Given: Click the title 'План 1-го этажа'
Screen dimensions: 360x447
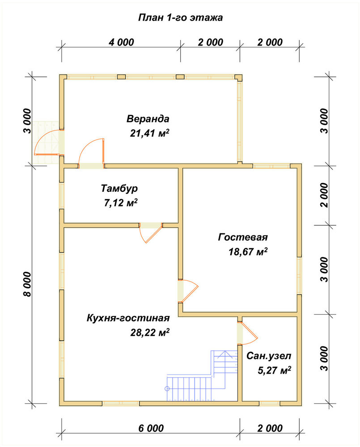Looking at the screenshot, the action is (x=180, y=18).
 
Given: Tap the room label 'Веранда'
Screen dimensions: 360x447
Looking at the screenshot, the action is (x=148, y=118).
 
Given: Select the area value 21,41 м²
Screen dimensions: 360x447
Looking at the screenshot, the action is (x=150, y=133).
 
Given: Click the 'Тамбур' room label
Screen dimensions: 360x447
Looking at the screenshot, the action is (x=119, y=189).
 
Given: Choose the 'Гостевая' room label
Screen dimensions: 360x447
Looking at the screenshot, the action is (x=243, y=237).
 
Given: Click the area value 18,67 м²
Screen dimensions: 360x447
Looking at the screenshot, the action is (x=248, y=252).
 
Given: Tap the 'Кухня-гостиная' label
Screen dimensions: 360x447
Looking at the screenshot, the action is (x=128, y=318).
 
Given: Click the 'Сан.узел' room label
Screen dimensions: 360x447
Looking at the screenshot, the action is (x=269, y=356).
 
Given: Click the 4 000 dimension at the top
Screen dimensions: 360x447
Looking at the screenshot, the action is (x=121, y=42).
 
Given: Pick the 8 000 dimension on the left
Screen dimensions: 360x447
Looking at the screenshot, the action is (x=27, y=284).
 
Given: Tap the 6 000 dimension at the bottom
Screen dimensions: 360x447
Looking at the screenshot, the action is (x=151, y=428).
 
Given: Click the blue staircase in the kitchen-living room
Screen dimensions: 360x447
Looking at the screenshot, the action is (x=202, y=376).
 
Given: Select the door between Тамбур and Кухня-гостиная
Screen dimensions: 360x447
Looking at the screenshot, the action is (x=151, y=232).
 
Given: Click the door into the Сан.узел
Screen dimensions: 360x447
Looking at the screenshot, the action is (x=247, y=333).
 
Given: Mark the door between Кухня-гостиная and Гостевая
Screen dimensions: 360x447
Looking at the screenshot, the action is (x=188, y=291).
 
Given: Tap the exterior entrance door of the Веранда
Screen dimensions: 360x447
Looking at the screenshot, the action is (x=48, y=142).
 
